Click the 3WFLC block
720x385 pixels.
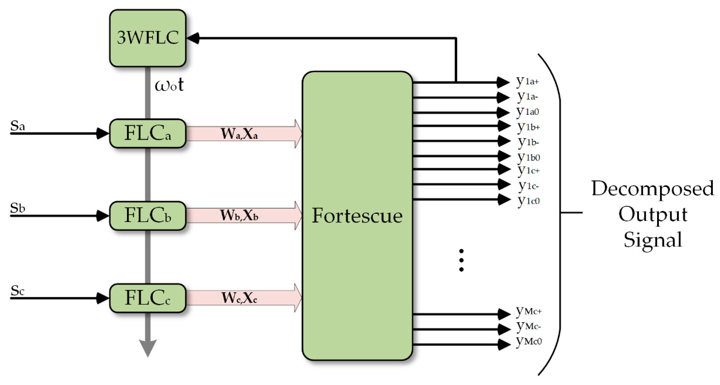147,38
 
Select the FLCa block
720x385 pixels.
147,133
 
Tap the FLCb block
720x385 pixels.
147,216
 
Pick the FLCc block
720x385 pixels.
147,298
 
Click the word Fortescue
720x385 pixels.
357,216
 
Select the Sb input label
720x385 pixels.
17,208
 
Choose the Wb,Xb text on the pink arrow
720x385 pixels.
239,215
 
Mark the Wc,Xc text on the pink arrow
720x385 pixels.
239,298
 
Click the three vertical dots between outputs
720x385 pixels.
461,260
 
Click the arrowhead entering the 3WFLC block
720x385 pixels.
193,38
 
